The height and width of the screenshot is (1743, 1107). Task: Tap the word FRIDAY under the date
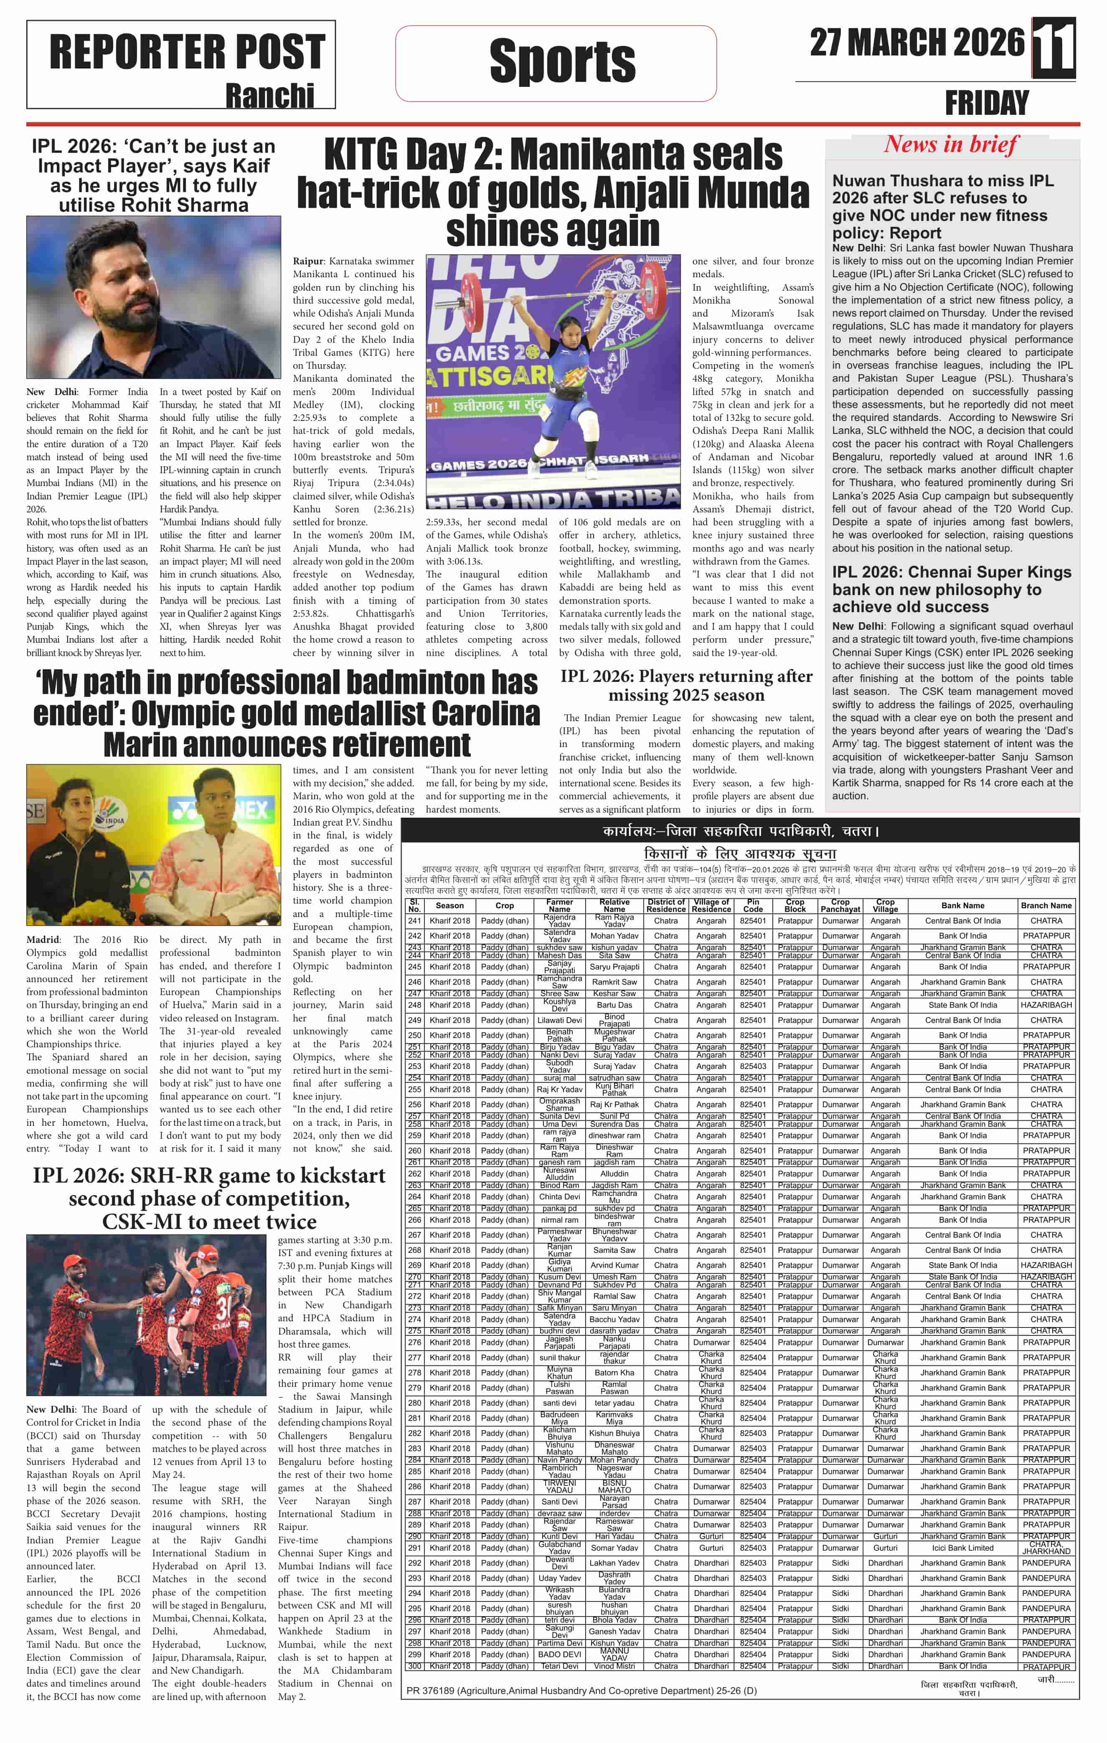[x=986, y=103]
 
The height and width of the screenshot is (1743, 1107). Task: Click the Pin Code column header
[x=752, y=905]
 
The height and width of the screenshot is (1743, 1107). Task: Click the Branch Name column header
[x=1046, y=905]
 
